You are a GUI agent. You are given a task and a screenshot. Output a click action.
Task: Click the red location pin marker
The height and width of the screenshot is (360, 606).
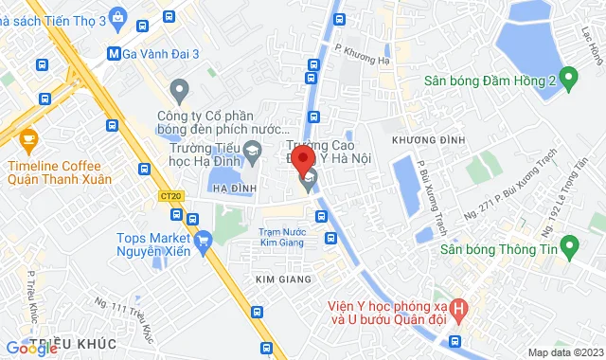coord(302,159)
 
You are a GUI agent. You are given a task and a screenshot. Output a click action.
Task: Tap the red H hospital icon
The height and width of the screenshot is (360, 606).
coord(459,308)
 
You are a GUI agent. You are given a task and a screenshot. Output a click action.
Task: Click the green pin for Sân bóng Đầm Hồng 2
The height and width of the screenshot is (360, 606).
coord(568,80)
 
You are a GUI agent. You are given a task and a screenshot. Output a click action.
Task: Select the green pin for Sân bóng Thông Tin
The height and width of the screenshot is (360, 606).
coord(568,249)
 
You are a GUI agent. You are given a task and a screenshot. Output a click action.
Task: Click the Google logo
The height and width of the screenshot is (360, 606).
coord(31,349)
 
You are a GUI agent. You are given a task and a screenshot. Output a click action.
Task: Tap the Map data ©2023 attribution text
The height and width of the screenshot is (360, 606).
coord(566,352)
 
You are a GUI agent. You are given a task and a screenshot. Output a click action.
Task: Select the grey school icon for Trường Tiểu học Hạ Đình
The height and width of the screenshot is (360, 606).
coord(252,150)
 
